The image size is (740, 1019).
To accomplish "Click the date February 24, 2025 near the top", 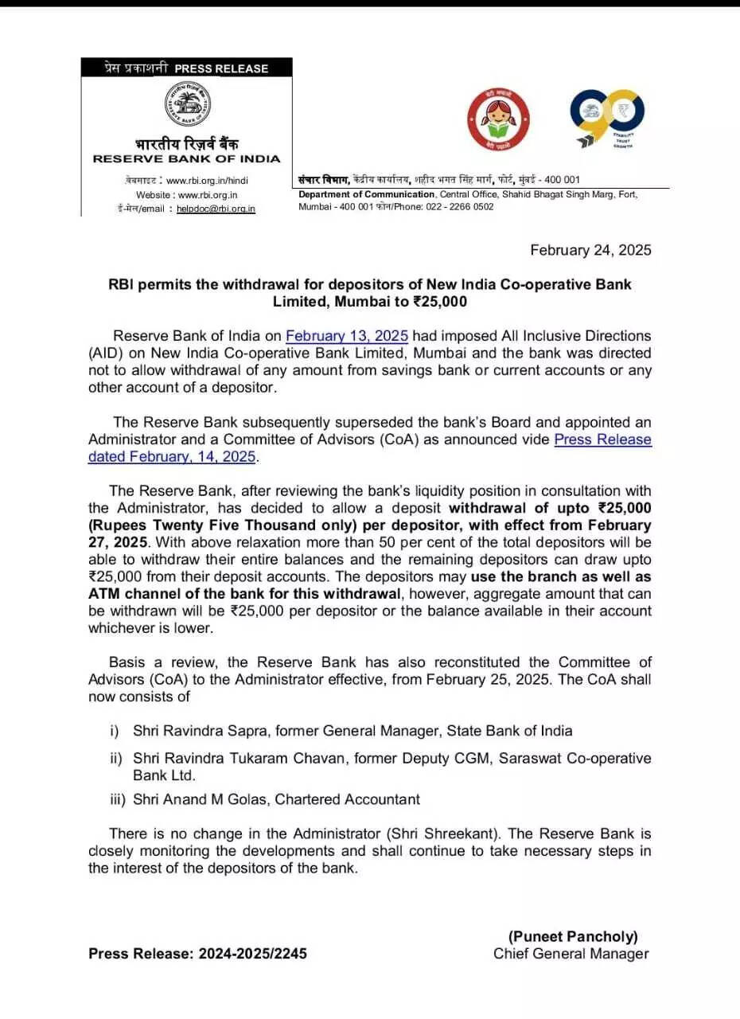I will (590, 250).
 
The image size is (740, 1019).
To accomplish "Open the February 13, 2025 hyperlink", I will (347, 336).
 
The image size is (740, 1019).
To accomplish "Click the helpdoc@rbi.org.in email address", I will (216, 209).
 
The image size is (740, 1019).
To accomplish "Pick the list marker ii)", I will (116, 758).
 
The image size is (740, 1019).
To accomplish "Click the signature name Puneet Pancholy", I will (573, 937).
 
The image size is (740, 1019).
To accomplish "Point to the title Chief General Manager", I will (571, 954).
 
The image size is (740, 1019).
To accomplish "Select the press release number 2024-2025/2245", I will (252, 954).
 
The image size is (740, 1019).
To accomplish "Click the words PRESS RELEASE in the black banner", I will (221, 69).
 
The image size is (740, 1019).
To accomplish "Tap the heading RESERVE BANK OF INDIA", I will (186, 158).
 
